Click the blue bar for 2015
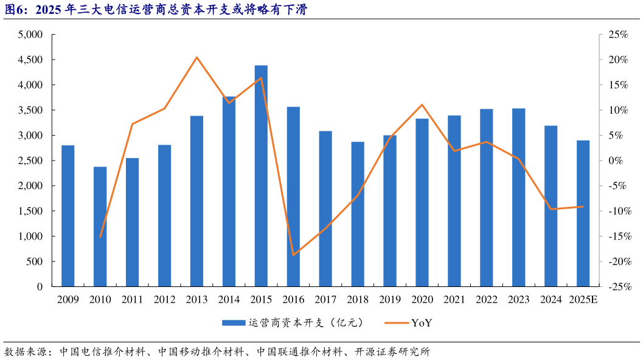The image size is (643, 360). pyautogui.click(x=261, y=176)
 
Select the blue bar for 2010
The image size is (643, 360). pyautogui.click(x=100, y=226)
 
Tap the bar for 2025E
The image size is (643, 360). pyautogui.click(x=583, y=213)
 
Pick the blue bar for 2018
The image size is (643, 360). pyautogui.click(x=358, y=214)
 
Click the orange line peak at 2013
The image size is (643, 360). pyautogui.click(x=196, y=57)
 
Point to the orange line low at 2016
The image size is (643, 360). pyautogui.click(x=293, y=255)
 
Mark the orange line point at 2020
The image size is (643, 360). pyautogui.click(x=422, y=105)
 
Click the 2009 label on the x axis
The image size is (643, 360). pyautogui.click(x=68, y=299)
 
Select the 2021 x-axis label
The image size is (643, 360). pyautogui.click(x=454, y=299)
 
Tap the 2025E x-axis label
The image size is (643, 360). pyautogui.click(x=583, y=299)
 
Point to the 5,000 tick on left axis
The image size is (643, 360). pyautogui.click(x=30, y=35)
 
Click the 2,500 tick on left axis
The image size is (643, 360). pyautogui.click(x=30, y=161)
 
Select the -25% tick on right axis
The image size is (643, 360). pyautogui.click(x=616, y=286)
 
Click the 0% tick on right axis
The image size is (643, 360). pyautogui.click(x=615, y=161)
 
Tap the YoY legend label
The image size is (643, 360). pyautogui.click(x=422, y=323)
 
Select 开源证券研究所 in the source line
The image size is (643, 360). pyautogui.click(x=392, y=351)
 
